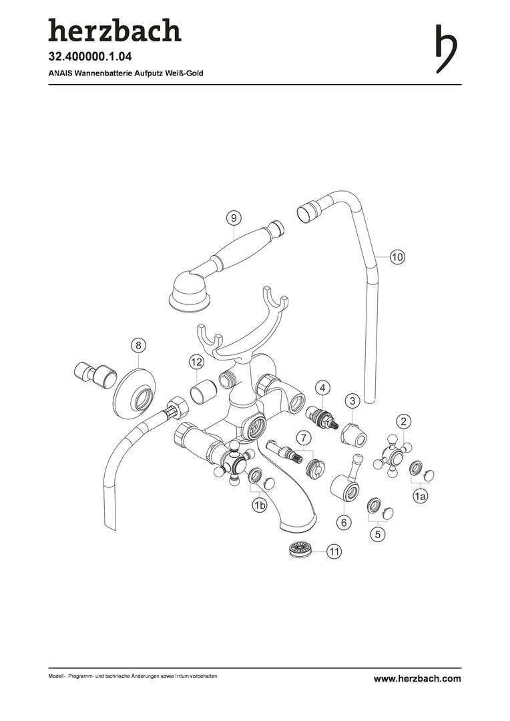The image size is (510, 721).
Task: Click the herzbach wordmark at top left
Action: tap(114, 31)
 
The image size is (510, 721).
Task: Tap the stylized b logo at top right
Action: tap(446, 49)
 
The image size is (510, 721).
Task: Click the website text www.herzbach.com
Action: tap(417, 678)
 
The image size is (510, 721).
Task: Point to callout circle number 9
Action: tap(233, 218)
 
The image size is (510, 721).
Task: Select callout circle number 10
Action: tap(397, 256)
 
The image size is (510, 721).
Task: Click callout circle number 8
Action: tap(138, 345)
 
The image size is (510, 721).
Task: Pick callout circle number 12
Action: tap(195, 362)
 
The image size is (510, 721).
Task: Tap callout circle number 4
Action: tap(322, 387)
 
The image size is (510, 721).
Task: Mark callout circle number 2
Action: tap(405, 421)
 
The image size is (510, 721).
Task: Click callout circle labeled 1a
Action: tap(420, 497)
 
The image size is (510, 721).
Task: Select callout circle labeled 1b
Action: tap(259, 506)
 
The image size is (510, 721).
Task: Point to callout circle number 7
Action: tap(303, 438)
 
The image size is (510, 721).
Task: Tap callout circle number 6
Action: tap(344, 522)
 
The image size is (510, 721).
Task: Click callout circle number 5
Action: tap(378, 534)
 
